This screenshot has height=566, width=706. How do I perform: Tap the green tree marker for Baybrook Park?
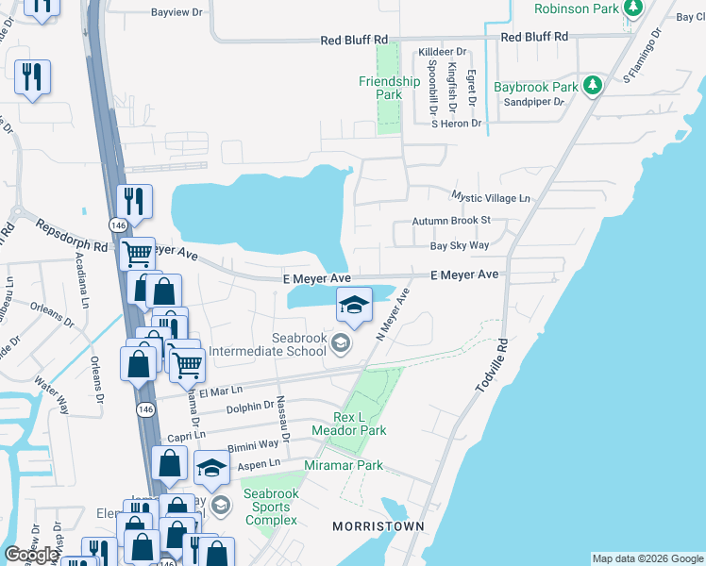tap(593, 87)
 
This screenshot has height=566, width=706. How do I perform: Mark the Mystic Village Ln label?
tap(491, 198)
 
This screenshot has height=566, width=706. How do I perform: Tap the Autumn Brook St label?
tap(451, 221)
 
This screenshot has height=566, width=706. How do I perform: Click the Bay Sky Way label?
tap(460, 245)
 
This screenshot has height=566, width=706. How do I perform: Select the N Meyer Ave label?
tap(394, 314)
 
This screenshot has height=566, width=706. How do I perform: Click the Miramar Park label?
tap(344, 465)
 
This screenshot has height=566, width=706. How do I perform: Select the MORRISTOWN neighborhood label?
tap(377, 525)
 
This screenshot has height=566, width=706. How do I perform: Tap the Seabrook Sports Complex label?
tap(271, 508)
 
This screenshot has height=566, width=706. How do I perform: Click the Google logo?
tap(31, 555)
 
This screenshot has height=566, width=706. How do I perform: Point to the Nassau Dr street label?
tap(281, 414)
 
